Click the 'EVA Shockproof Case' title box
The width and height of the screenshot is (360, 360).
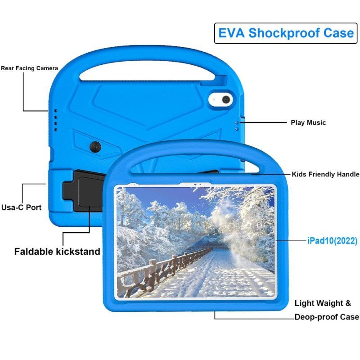[x=286, y=33]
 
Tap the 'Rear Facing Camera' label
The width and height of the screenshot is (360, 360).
[x=29, y=68]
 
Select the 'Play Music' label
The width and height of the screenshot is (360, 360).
[x=308, y=122]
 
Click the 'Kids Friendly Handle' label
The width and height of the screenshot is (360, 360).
[x=325, y=174]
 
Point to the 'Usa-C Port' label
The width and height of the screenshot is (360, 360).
[x=21, y=207]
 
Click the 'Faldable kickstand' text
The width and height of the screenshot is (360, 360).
[x=57, y=252]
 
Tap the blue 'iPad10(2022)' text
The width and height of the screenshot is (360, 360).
[x=332, y=241]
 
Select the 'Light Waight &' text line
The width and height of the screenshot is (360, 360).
[x=323, y=303]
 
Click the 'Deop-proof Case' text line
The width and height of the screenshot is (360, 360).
[x=327, y=317]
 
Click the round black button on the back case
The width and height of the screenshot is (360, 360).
[x=95, y=147]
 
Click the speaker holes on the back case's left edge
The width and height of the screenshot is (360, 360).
[x=55, y=119]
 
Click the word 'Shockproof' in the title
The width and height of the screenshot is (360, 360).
[x=291, y=33]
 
